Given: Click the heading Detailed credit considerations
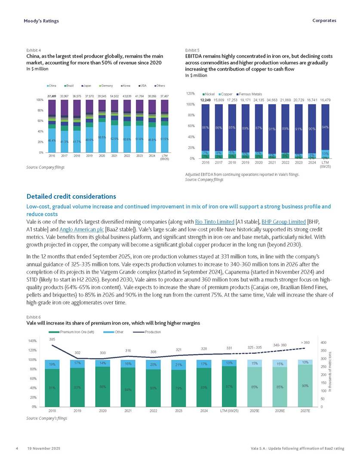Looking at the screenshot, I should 71,196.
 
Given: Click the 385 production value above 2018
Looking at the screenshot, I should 52,340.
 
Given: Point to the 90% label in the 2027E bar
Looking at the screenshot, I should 305,386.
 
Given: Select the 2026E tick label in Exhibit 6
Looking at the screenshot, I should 280,411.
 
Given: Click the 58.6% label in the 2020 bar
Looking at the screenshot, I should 102,137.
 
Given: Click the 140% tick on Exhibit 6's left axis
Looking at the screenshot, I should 32,341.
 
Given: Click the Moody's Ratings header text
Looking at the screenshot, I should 41,21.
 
